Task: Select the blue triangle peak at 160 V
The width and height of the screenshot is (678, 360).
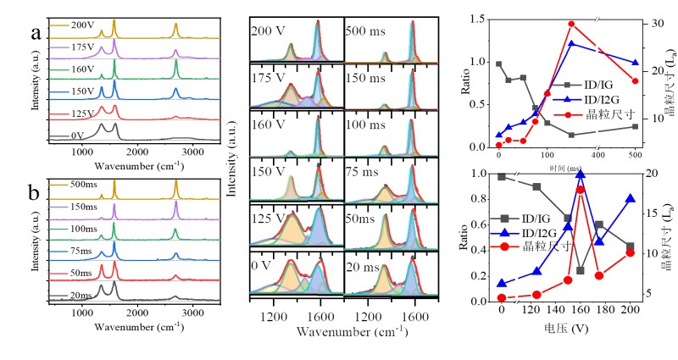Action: tap(581, 174)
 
